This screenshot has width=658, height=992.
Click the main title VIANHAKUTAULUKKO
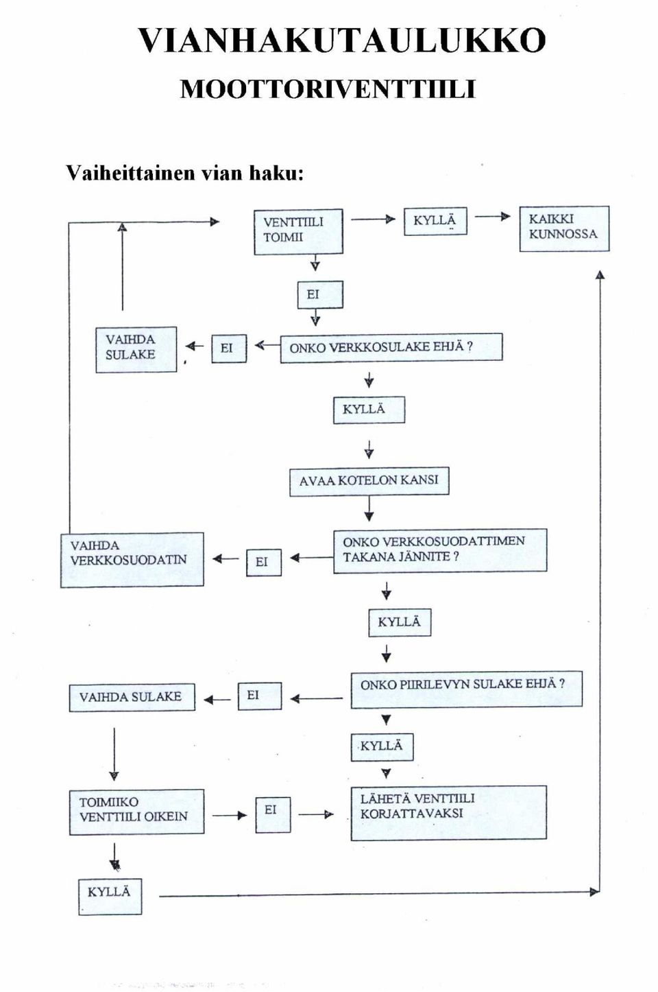[341, 40]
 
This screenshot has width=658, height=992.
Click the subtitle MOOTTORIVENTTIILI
[328, 89]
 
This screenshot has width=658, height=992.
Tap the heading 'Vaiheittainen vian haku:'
[185, 173]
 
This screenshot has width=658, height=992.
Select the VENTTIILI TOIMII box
[298, 232]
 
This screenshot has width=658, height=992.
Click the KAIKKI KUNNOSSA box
[564, 228]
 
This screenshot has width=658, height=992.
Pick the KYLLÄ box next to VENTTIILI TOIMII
[435, 221]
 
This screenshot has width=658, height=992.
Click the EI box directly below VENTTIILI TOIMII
[320, 294]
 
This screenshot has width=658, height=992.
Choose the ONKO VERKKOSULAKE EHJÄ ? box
[391, 348]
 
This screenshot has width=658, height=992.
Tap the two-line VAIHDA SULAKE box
[136, 349]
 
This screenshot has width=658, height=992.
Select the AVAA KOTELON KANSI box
[369, 481]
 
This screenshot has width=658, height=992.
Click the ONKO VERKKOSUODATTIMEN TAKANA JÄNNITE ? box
[440, 550]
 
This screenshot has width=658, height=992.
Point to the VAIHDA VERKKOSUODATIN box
[132, 560]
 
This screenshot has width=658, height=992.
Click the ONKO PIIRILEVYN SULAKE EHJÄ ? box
[466, 689]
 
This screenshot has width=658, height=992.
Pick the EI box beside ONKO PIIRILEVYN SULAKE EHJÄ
[260, 696]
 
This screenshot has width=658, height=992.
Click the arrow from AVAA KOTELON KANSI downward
[369, 508]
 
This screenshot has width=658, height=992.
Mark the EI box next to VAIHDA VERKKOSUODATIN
[264, 562]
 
